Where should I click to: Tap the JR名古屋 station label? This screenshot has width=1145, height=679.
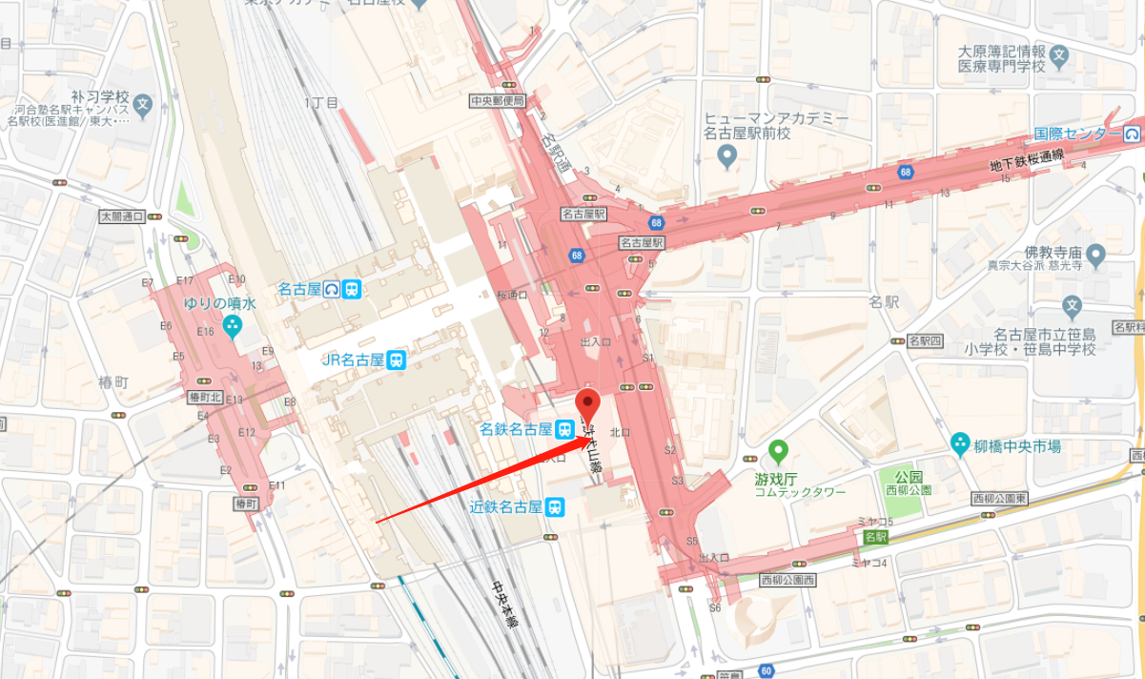352,360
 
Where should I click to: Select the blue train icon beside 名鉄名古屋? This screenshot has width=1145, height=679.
566,429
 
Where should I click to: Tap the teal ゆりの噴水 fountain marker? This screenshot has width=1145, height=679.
232,327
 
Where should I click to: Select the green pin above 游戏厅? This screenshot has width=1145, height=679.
778,449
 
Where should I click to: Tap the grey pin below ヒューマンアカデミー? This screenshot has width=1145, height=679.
727,154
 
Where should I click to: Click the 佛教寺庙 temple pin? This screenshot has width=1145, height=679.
1094,255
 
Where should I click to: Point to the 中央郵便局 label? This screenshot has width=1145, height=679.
498,100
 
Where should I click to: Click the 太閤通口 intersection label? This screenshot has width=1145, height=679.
121,216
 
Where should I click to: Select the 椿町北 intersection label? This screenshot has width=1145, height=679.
205,397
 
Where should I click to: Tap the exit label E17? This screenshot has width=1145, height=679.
186,279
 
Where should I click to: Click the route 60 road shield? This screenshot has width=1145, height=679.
766,669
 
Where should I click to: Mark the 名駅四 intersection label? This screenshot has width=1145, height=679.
925,340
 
